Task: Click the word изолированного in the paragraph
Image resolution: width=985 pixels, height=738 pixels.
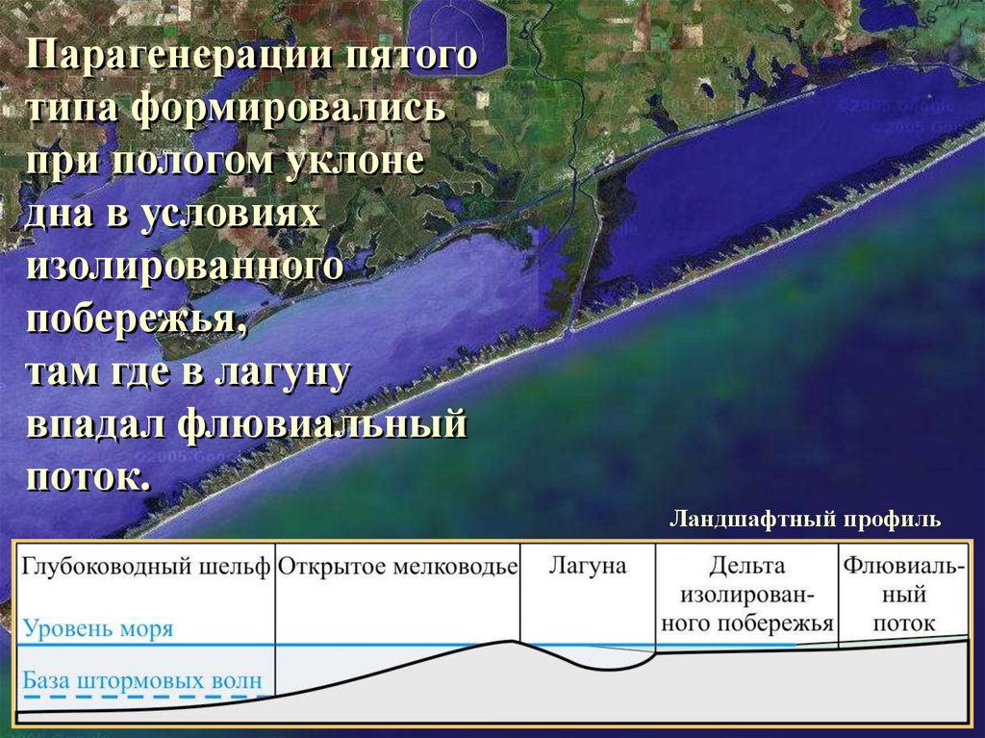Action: coord(185,267)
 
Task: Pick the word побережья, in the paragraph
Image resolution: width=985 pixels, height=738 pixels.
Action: coord(136,319)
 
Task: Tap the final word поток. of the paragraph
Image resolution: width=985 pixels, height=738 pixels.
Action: coord(88,476)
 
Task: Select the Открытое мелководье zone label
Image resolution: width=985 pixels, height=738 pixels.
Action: coord(398,567)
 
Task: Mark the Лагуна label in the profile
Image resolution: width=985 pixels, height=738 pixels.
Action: coord(587,566)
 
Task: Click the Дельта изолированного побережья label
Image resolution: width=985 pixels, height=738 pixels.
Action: coord(747,595)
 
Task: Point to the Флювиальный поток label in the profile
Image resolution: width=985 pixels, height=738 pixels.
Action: coord(903,595)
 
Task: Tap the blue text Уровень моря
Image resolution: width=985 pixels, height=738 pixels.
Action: coord(97,629)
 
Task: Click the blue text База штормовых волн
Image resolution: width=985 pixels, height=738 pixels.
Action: coord(141,681)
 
